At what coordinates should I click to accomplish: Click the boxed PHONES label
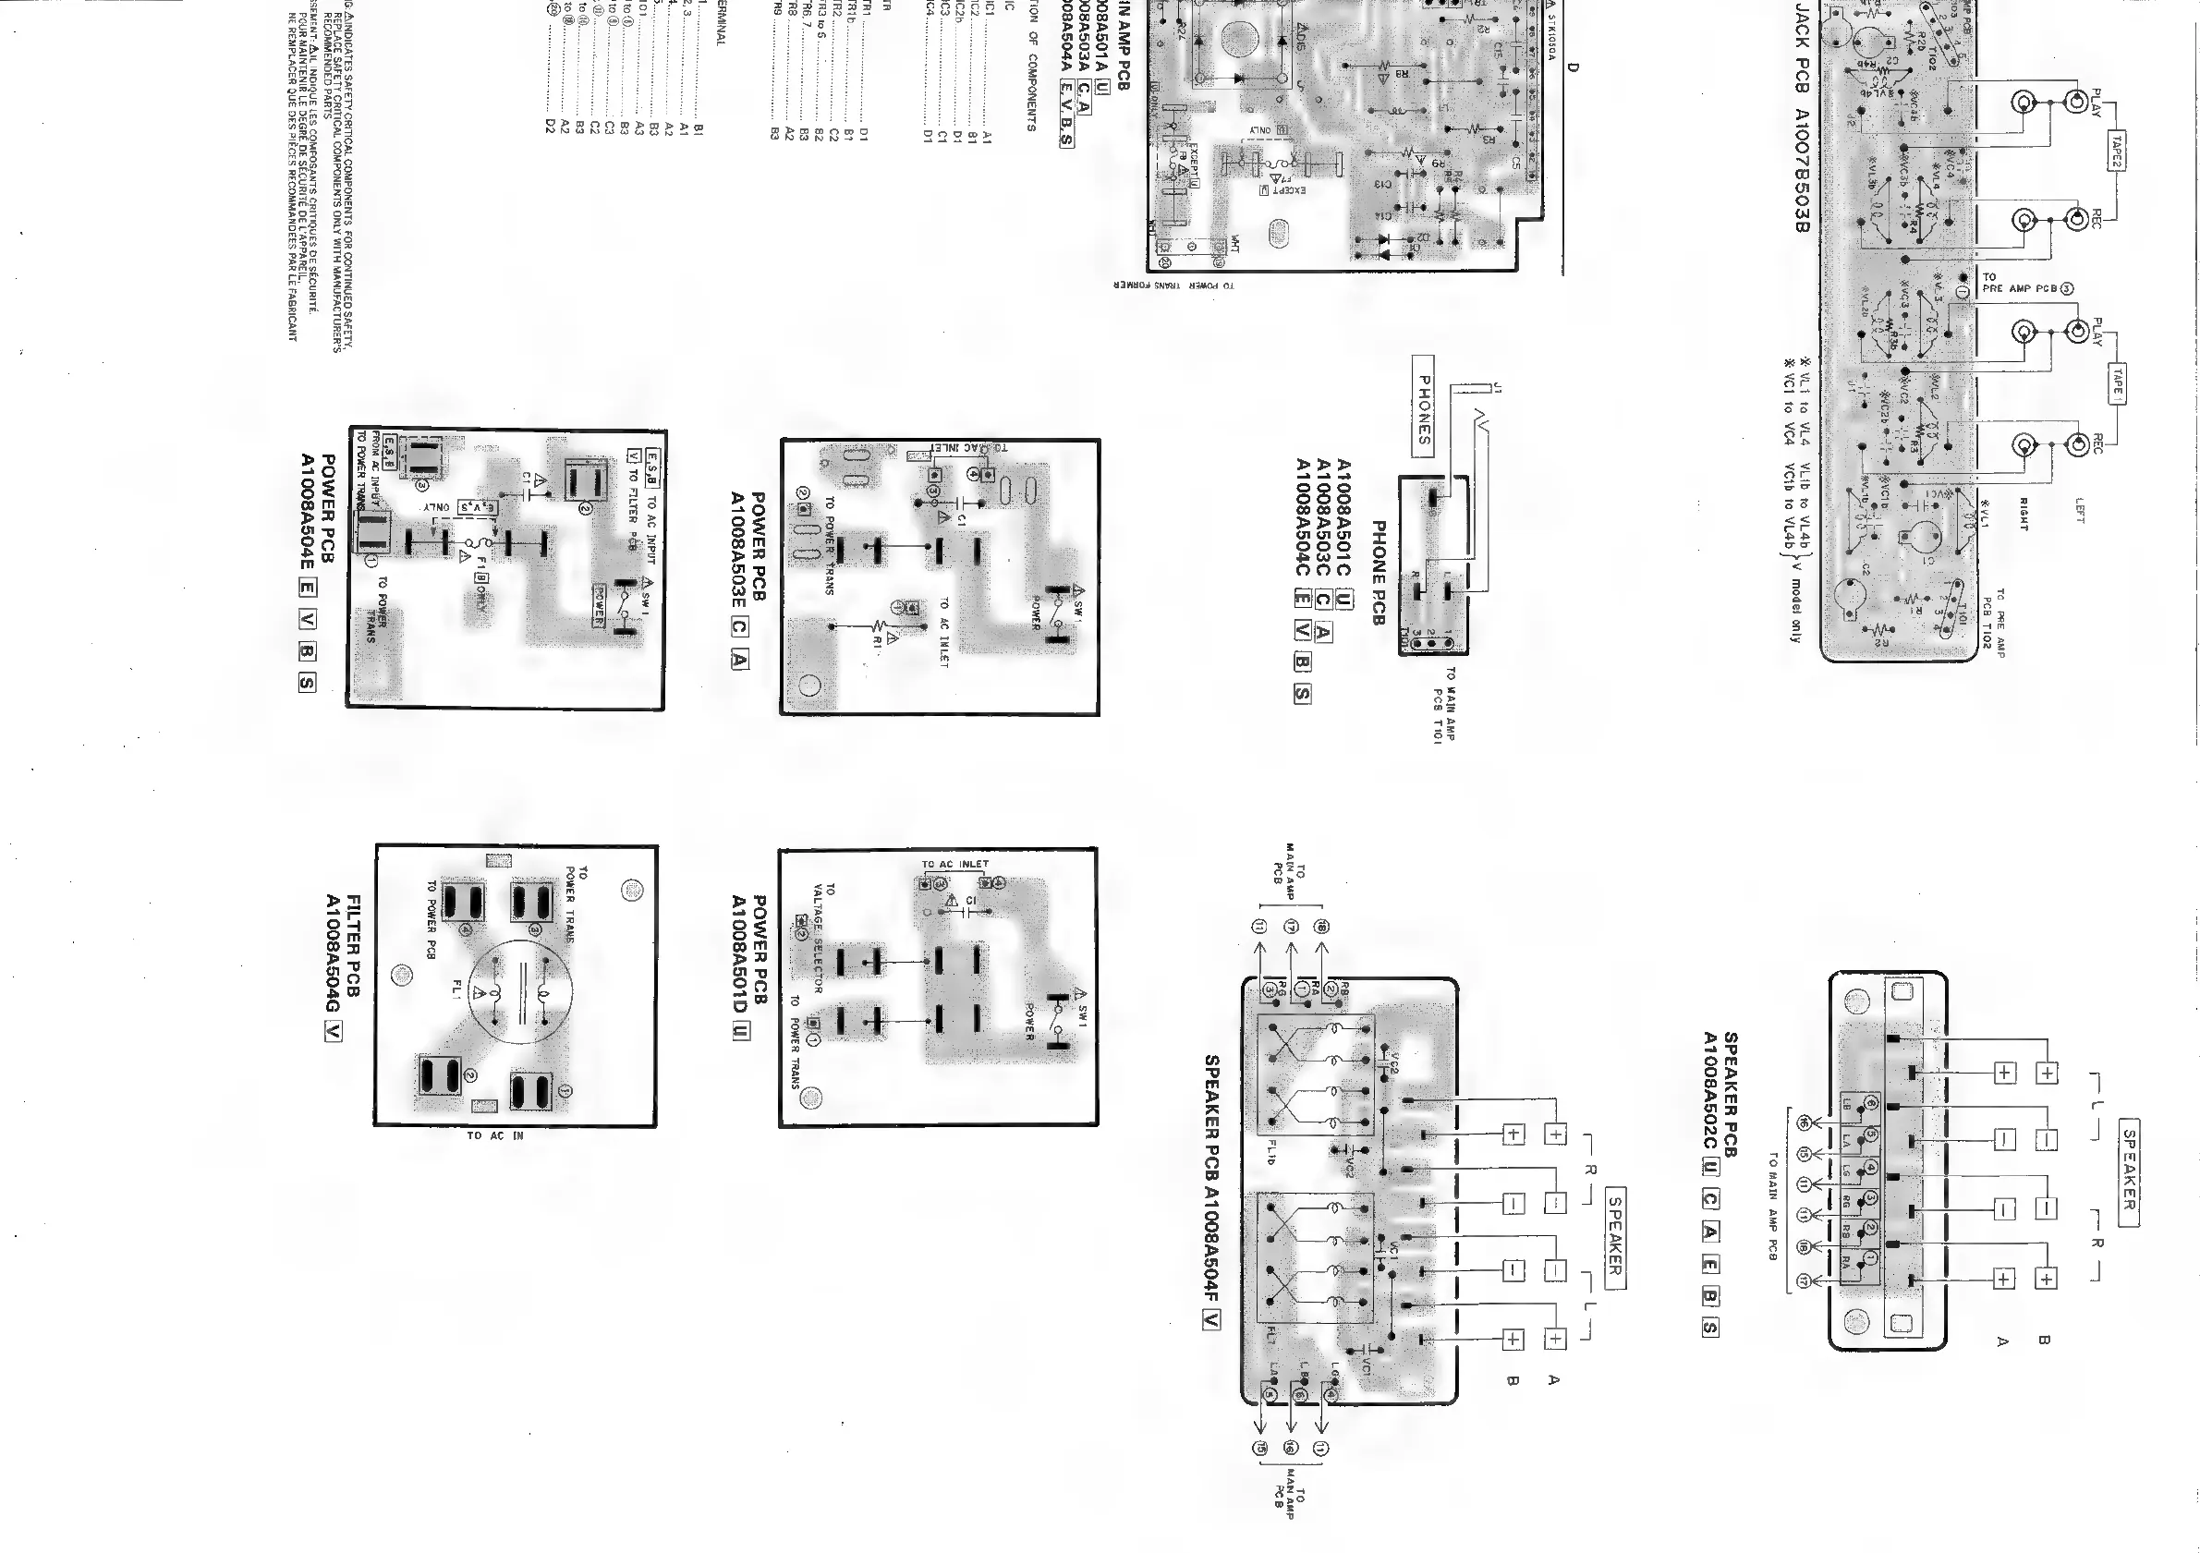coord(1424,406)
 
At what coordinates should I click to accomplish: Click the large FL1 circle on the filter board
coord(521,990)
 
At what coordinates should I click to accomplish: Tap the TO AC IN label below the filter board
coord(495,1135)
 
